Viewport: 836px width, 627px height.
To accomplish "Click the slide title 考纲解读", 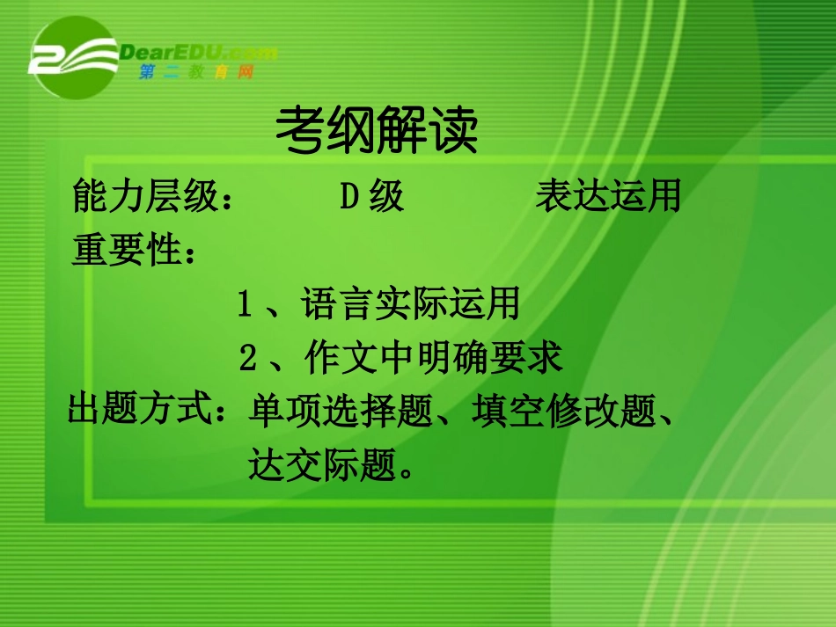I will click(377, 132).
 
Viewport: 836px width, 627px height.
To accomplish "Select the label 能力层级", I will click(144, 199).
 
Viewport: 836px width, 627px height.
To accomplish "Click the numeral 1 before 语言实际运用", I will click(246, 305).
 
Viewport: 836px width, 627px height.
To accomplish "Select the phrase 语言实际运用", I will click(410, 305).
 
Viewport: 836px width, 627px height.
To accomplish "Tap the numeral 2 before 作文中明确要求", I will click(248, 359).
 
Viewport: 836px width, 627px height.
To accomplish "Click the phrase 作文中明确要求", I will click(433, 359).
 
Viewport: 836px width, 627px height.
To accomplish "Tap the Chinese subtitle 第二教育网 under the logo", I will click(196, 73).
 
